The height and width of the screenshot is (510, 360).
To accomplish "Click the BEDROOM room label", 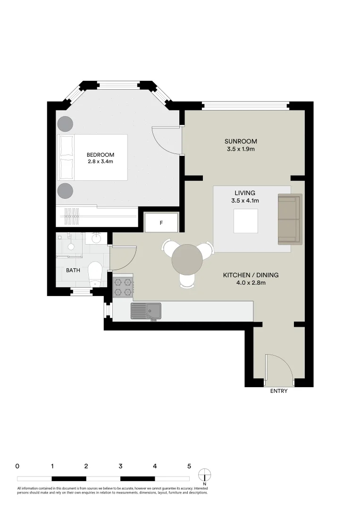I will click(100, 154).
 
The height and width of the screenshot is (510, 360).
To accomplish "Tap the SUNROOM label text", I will click(241, 141).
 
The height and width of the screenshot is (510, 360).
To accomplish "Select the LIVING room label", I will click(244, 193).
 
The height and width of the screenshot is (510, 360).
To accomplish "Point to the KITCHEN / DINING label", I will click(251, 275).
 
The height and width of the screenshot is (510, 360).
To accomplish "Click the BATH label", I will click(73, 271).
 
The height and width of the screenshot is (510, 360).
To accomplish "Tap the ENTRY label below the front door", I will click(278, 391).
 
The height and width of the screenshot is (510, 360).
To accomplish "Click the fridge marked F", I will click(161, 222).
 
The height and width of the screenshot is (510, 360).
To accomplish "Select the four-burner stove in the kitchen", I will click(123, 287).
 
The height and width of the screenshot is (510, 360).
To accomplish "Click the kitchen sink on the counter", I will click(146, 311).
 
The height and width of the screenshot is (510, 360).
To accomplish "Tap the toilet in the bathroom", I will click(95, 273).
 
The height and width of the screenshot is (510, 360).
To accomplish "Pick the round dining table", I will click(187, 260).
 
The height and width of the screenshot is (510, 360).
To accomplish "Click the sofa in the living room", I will click(289, 219).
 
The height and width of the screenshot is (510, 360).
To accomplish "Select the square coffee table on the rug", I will click(246, 221).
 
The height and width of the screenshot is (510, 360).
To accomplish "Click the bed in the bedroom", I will click(92, 157).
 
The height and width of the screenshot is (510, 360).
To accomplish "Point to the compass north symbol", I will click(205, 475).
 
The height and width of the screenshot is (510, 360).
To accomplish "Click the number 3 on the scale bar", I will click(121, 466).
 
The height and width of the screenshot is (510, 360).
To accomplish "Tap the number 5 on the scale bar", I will click(189, 466).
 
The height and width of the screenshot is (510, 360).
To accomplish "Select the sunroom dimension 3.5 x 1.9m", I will click(241, 149).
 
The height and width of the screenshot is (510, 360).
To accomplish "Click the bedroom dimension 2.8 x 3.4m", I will click(100, 161).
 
